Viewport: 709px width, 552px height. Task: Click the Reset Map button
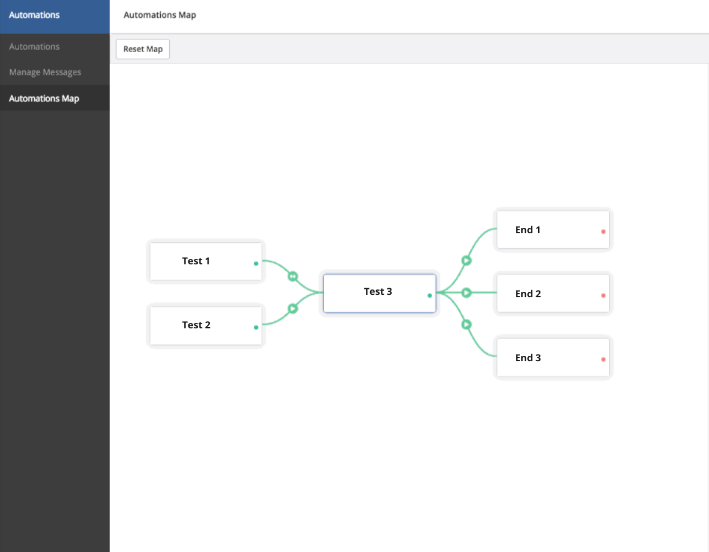(x=143, y=49)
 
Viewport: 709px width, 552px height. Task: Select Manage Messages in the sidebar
(x=45, y=72)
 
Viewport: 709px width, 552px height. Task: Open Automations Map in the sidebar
(x=44, y=98)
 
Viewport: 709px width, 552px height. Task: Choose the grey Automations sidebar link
(x=34, y=46)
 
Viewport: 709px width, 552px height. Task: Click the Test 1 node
(x=206, y=261)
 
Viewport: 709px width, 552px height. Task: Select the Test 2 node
(x=206, y=325)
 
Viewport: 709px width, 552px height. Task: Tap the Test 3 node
(x=380, y=292)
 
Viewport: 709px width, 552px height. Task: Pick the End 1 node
(x=553, y=230)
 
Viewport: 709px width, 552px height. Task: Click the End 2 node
(x=553, y=293)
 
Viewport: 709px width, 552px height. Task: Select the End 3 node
(x=553, y=358)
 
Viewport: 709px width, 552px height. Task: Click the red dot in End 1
(x=603, y=231)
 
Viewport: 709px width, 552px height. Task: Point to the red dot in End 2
(x=603, y=295)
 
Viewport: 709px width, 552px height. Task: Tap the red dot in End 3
(x=603, y=359)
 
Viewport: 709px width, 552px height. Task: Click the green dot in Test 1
(x=256, y=263)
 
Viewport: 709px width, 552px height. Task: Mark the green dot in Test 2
(x=256, y=327)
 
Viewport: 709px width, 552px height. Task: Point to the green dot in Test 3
(x=430, y=295)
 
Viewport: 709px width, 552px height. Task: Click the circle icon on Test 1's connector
(x=292, y=276)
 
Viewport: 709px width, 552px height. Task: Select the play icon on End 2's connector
(x=467, y=292)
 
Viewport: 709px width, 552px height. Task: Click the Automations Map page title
(x=160, y=15)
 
